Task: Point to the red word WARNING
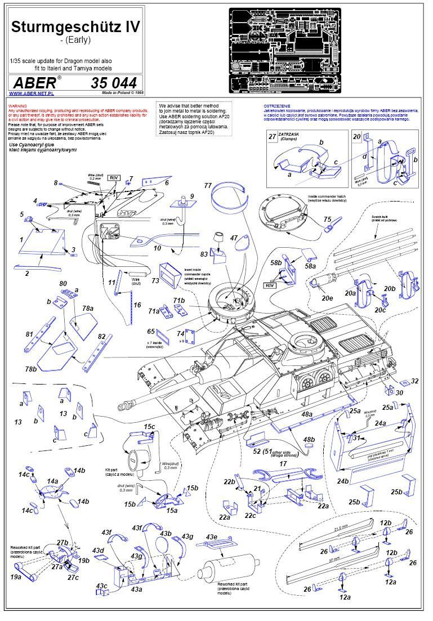point(17,105)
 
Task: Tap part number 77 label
point(208,185)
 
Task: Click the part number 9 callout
point(191,196)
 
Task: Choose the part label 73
point(155,279)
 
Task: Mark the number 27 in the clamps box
point(273,137)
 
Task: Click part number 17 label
point(283,463)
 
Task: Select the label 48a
point(307,414)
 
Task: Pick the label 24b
point(343,480)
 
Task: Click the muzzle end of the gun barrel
point(120,405)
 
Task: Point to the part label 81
point(30,334)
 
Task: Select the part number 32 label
point(414,381)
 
